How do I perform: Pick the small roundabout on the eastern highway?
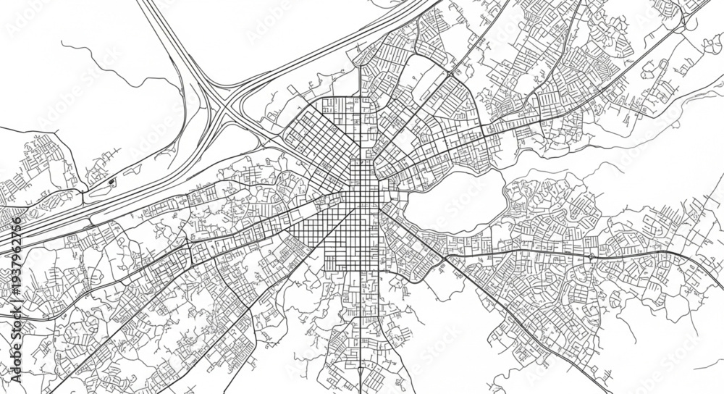click(x=590, y=256)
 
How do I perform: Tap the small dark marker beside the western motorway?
click(x=111, y=180)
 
